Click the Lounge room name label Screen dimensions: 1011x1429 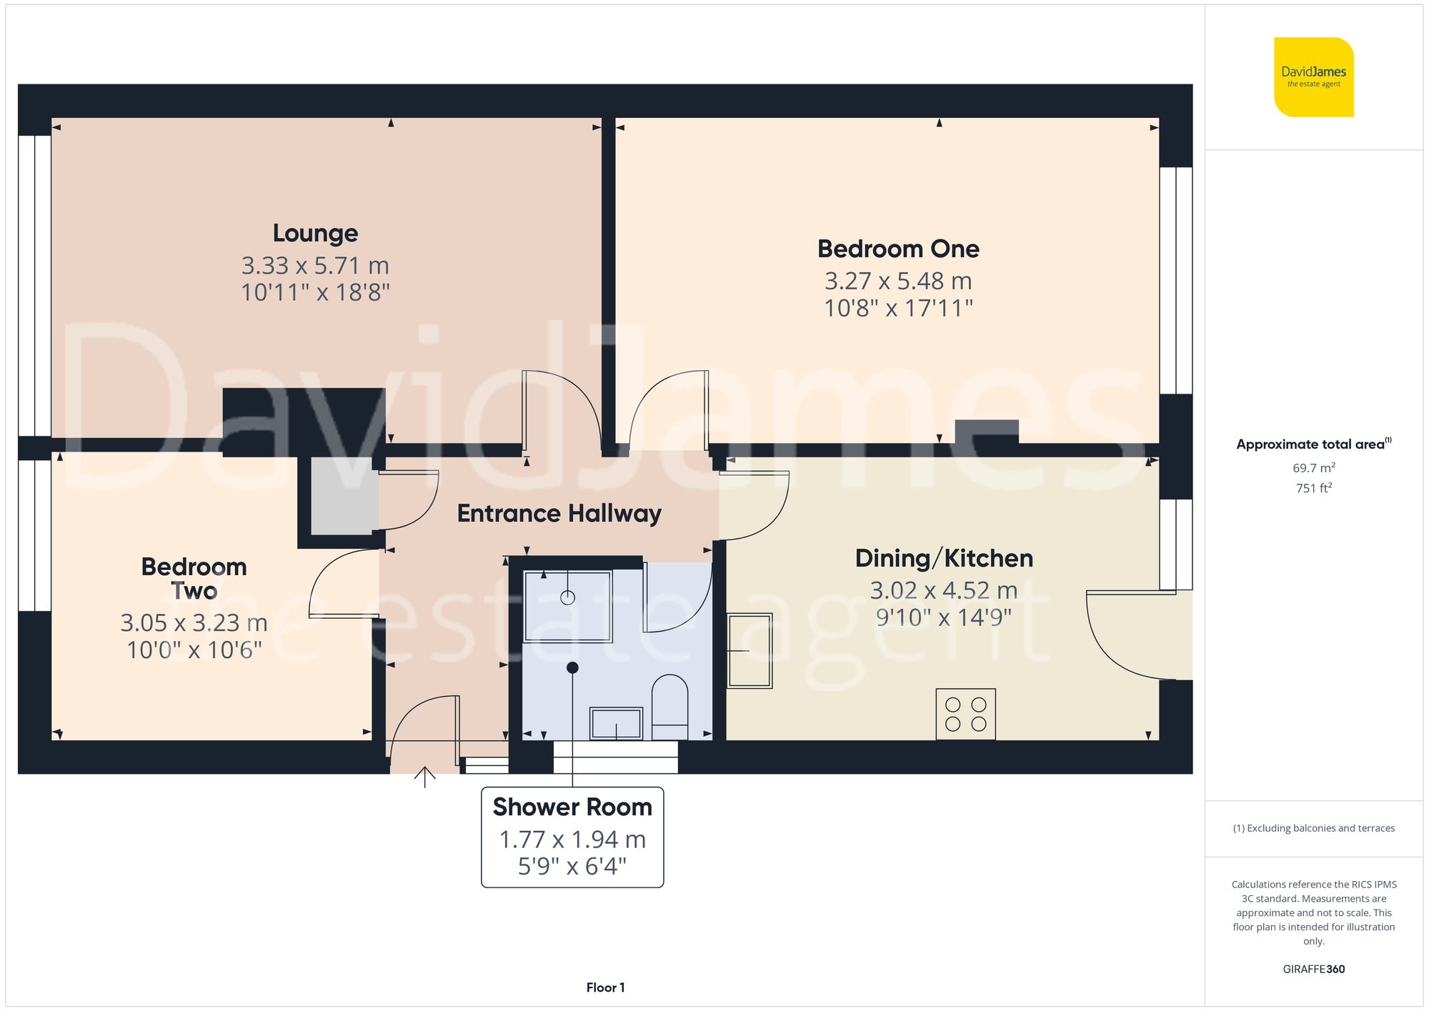pyautogui.click(x=315, y=234)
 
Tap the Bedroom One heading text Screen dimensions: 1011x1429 pyautogui.click(x=898, y=249)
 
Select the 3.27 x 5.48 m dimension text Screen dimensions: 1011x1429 pyautogui.click(x=898, y=282)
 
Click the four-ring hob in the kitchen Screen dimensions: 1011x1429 pyautogui.click(x=965, y=714)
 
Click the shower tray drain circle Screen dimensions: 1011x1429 pyautogui.click(x=567, y=597)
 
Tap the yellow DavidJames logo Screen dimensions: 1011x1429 pyautogui.click(x=1313, y=77)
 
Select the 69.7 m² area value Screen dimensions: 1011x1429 pyautogui.click(x=1313, y=468)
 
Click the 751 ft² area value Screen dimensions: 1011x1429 pyautogui.click(x=1313, y=488)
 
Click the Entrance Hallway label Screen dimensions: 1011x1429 pyautogui.click(x=559, y=514)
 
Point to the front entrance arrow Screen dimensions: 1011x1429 pyautogui.click(x=425, y=777)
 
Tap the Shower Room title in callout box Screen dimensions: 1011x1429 pyautogui.click(x=572, y=807)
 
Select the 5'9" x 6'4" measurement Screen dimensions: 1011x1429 pyautogui.click(x=572, y=867)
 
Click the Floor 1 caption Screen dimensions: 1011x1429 pyautogui.click(x=605, y=987)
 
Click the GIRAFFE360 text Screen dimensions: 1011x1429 pyautogui.click(x=1313, y=970)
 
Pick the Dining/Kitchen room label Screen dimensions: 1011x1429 pyautogui.click(x=944, y=559)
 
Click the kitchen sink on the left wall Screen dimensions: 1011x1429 pyautogui.click(x=750, y=650)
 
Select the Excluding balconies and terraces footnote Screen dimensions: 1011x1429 pyautogui.click(x=1313, y=828)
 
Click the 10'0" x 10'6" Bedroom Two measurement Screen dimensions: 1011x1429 pyautogui.click(x=194, y=650)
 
